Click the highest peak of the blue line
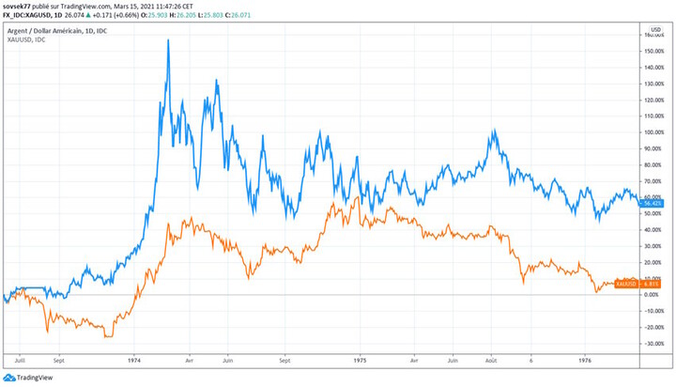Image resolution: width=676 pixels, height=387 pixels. click(x=168, y=40)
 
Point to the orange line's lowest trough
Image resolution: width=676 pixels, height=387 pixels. click(x=106, y=336)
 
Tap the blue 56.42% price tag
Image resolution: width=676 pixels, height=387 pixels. click(x=650, y=203)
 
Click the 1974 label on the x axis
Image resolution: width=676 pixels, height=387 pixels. click(x=134, y=359)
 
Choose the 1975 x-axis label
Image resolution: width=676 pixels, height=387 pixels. click(x=360, y=359)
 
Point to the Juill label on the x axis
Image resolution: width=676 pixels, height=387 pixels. click(x=19, y=359)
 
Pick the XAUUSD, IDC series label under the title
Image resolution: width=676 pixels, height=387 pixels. click(x=27, y=40)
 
